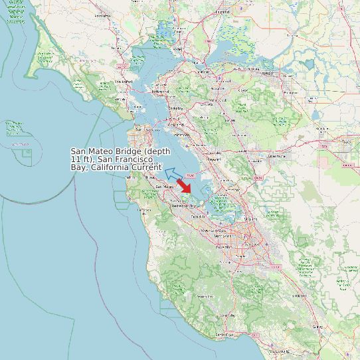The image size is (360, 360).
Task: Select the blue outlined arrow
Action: pos(173,174)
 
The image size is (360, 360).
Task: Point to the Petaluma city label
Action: pos(102,15)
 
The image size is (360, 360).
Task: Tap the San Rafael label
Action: pos(124,82)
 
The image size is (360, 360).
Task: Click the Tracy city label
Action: pos(346,140)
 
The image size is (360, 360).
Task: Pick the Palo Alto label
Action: pos(199,217)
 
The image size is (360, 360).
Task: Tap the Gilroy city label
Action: pos(317,327)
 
